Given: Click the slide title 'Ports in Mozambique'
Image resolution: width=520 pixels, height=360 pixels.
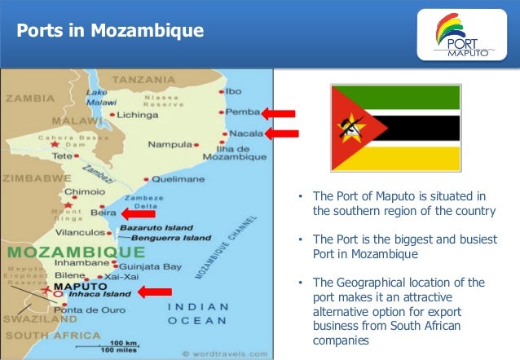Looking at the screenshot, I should coord(111,32).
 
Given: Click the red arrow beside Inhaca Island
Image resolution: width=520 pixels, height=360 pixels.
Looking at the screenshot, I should coord(154,292).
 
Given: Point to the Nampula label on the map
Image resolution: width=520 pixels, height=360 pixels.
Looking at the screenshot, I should coord(170,145).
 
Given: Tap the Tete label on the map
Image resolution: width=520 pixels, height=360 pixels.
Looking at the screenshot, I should coord(62,155).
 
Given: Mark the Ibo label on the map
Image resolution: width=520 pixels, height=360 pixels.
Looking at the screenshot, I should coord(233,90).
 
